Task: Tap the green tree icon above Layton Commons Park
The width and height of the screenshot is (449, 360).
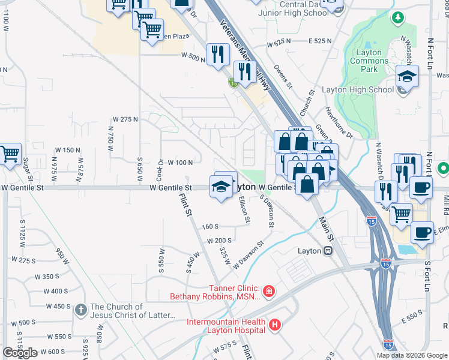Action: click(x=397, y=18)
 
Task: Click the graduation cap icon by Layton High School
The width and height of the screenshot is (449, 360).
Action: click(x=406, y=77)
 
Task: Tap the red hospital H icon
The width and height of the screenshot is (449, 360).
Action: click(x=275, y=325)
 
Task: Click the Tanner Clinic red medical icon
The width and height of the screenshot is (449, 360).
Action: click(x=268, y=292)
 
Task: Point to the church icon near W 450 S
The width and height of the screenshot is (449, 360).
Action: click(x=81, y=310)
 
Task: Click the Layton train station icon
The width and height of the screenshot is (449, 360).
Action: click(x=328, y=251)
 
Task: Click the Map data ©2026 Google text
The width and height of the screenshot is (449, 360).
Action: click(x=411, y=355)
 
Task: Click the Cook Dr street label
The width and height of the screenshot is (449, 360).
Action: click(x=160, y=171)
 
